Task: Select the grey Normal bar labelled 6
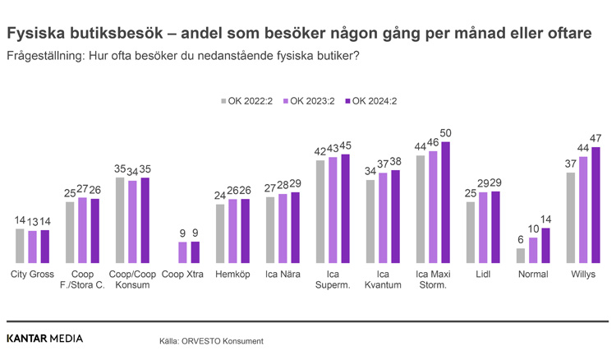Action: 521,256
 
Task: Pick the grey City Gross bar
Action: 21,246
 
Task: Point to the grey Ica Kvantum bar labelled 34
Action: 370,221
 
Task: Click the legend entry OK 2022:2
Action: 248,101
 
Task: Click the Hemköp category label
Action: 233,275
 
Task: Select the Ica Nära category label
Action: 283,275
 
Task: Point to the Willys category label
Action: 584,275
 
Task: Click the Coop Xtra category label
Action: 184,275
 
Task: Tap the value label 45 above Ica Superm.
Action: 346,146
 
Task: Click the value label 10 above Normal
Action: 533,231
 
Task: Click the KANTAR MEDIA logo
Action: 44,338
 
